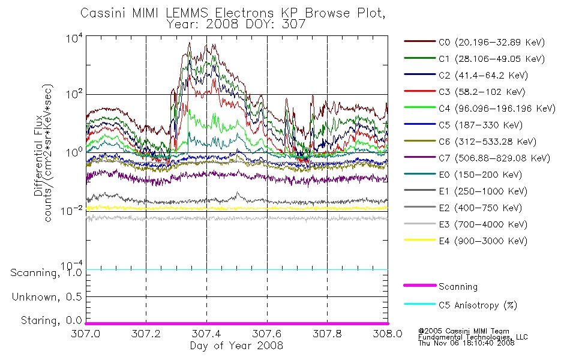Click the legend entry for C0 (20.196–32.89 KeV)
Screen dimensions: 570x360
pos(475,42)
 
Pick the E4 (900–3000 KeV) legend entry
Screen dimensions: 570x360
pos(466,241)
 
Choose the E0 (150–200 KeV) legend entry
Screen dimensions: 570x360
pos(463,175)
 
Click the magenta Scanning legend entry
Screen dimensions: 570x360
pos(440,286)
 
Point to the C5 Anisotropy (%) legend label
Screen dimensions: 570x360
pos(478,305)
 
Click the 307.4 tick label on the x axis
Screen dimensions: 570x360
pos(206,334)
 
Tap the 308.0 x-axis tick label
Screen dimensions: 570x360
pos(388,334)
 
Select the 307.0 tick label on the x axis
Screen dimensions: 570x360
pos(86,334)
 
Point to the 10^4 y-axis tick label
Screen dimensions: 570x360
pos(74,38)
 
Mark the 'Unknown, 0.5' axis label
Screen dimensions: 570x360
pos(47,297)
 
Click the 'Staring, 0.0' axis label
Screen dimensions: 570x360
pos(51,320)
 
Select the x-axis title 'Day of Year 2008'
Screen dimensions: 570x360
pos(236,346)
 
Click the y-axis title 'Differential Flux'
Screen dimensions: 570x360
pos(38,155)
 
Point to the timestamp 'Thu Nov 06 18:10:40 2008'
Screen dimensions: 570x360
pos(466,343)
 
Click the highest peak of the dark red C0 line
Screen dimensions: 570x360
pos(189,43)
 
